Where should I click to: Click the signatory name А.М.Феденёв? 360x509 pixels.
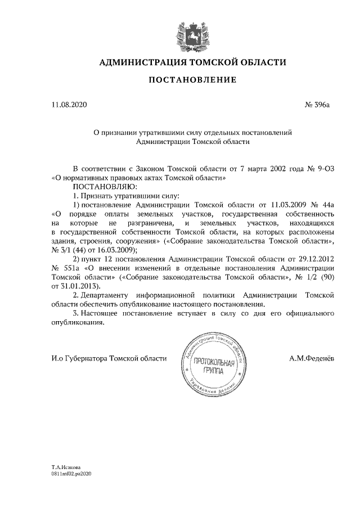point(312,358)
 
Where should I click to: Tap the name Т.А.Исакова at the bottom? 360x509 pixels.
point(66,467)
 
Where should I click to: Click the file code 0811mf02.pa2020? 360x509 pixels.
point(71,474)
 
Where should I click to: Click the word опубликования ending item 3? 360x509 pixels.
point(77,323)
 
